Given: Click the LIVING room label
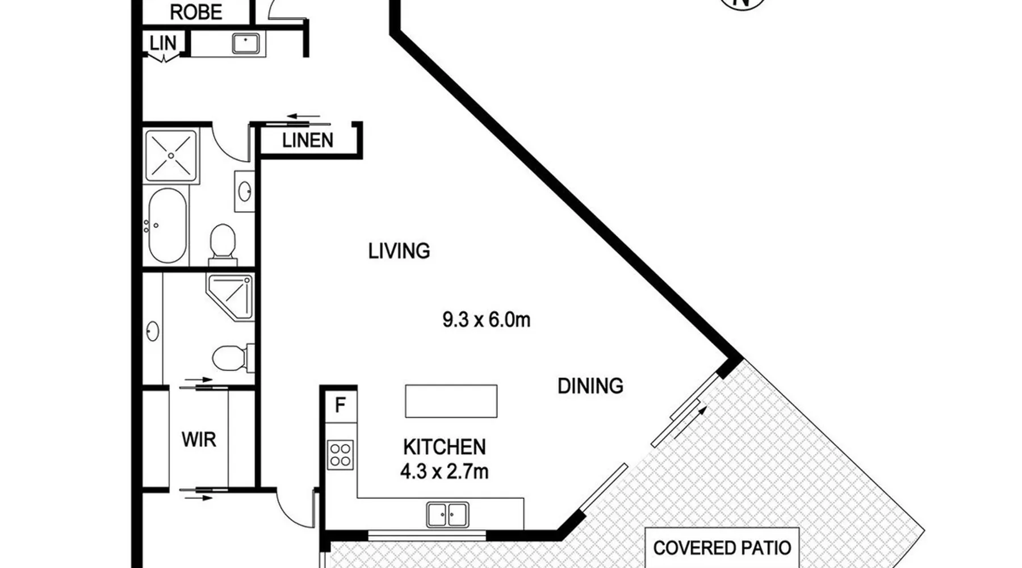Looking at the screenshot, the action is tap(399, 251).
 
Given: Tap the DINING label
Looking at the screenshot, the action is tap(590, 386).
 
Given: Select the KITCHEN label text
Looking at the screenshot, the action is tap(444, 447).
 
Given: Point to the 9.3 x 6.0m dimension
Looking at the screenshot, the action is tap(486, 320).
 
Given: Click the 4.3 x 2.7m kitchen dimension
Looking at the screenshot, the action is tap(444, 471).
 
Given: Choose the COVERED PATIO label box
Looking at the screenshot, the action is tap(722, 548).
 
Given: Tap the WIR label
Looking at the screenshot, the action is tap(199, 439).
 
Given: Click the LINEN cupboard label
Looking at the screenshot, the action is tap(308, 140).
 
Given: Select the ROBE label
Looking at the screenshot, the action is tap(196, 12).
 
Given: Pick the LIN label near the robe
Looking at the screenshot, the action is tap(163, 43).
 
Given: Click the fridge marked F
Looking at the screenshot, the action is tap(341, 405).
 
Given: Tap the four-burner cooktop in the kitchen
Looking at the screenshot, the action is tap(340, 455).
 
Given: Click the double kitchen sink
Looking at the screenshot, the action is tap(447, 515).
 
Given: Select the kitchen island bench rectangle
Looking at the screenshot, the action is tap(451, 401).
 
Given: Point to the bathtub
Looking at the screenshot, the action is tap(167, 225).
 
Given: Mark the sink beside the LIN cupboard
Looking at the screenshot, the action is tap(245, 43).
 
